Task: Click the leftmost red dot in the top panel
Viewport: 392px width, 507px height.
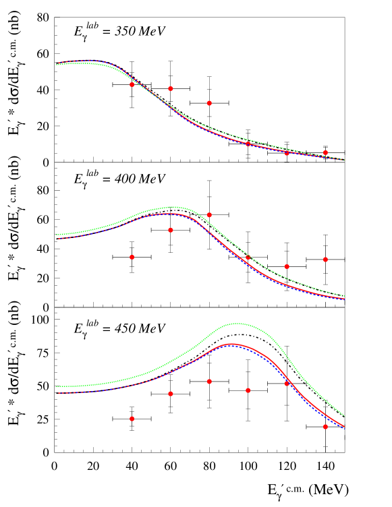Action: tap(132, 84)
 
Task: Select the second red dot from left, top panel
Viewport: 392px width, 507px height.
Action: tap(171, 88)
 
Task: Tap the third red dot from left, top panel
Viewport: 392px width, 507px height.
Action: tap(209, 103)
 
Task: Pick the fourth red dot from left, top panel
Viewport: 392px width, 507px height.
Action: tap(248, 144)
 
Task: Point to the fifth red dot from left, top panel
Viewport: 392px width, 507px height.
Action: tap(287, 153)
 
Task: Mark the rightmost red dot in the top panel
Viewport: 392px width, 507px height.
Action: tap(325, 152)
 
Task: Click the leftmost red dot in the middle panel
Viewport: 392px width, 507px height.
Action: tap(132, 257)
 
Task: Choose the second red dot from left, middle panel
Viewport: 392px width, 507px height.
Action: tap(171, 230)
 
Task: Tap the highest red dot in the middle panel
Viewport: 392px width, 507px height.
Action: tap(209, 214)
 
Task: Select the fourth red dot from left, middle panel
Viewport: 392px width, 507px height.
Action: tap(248, 257)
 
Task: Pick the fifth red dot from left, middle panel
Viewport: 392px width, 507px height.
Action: tap(287, 266)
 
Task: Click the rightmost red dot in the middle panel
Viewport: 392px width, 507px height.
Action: tap(325, 259)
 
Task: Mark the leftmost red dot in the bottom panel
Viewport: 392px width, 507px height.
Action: tap(132, 419)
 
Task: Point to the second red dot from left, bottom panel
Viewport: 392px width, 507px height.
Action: tap(171, 394)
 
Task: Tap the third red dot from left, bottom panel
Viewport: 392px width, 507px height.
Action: tap(209, 382)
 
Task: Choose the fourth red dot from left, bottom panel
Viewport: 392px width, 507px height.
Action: tap(248, 390)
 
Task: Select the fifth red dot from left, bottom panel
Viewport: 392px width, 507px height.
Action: tap(287, 384)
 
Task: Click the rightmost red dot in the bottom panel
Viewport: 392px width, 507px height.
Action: tap(325, 427)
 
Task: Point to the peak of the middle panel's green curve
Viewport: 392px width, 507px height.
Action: tap(173, 207)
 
